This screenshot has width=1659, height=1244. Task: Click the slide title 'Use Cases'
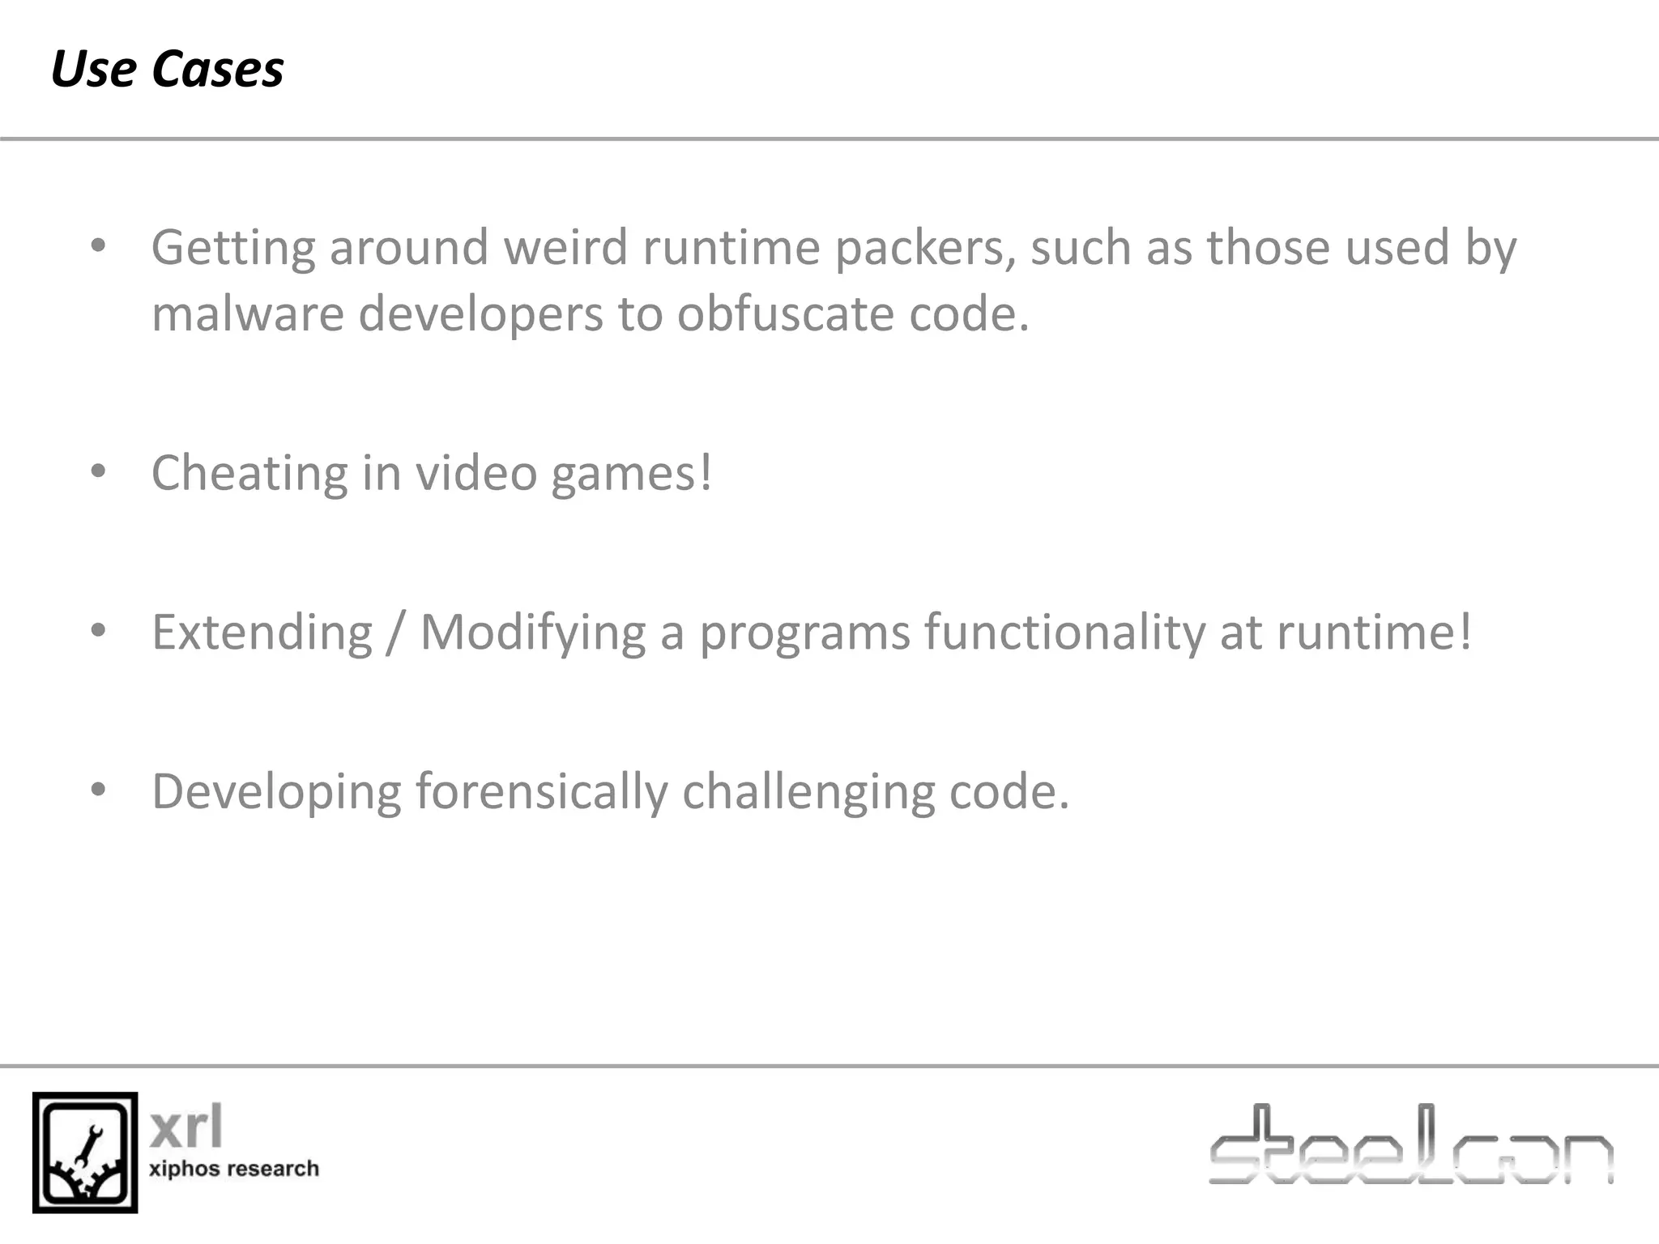(167, 69)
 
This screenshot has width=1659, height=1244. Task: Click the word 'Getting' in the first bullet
(233, 248)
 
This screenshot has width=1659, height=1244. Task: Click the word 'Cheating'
(249, 474)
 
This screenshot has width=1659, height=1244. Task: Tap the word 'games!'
(632, 474)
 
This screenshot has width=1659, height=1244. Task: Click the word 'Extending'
(262, 633)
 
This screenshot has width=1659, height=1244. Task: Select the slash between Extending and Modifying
(395, 633)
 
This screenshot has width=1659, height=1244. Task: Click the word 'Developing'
(276, 791)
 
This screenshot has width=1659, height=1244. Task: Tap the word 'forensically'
(542, 791)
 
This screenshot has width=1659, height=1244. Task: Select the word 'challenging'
(808, 791)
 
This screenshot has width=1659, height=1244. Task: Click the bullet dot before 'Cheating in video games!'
(99, 472)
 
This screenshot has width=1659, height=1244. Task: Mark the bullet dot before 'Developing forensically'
(99, 790)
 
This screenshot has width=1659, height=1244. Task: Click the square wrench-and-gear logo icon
(85, 1152)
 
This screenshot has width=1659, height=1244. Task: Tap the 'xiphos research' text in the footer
(234, 1169)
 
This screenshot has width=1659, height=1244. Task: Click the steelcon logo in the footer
(1410, 1145)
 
